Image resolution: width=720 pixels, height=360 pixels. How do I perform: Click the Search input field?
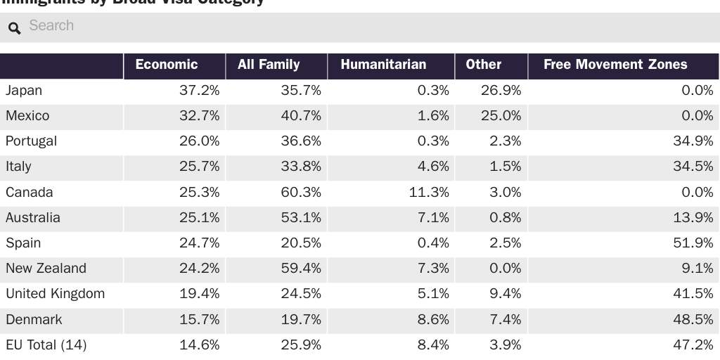[x=352, y=26]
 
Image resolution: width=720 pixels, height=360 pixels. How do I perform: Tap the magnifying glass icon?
[x=14, y=28]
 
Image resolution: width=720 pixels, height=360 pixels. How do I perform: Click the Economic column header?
[x=167, y=65]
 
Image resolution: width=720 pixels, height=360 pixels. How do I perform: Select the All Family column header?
[x=269, y=65]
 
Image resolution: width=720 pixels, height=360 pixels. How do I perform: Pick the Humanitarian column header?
[x=383, y=65]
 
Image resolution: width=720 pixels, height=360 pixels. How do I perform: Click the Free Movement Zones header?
[x=615, y=65]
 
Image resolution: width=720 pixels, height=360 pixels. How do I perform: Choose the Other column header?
[x=484, y=65]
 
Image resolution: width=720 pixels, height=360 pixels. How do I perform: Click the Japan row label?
[x=24, y=91]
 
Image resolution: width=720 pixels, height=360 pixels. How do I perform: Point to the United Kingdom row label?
[x=55, y=294]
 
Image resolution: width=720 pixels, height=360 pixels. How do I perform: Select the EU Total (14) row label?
[x=46, y=345]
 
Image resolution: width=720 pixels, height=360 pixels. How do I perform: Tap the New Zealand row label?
[x=46, y=269]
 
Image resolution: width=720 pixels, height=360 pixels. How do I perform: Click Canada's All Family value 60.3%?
[x=301, y=193]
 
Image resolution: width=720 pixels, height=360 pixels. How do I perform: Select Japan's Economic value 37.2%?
[x=199, y=91]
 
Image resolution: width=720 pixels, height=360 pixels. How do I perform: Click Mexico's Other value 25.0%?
[x=501, y=116]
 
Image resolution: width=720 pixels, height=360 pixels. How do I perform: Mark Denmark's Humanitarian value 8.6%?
[x=433, y=319]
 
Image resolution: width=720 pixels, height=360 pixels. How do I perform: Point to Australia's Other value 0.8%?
[x=506, y=218]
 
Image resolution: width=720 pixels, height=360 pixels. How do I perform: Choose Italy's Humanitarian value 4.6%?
[x=433, y=167]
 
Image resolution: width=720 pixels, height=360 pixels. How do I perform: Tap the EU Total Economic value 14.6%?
[x=199, y=345]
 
